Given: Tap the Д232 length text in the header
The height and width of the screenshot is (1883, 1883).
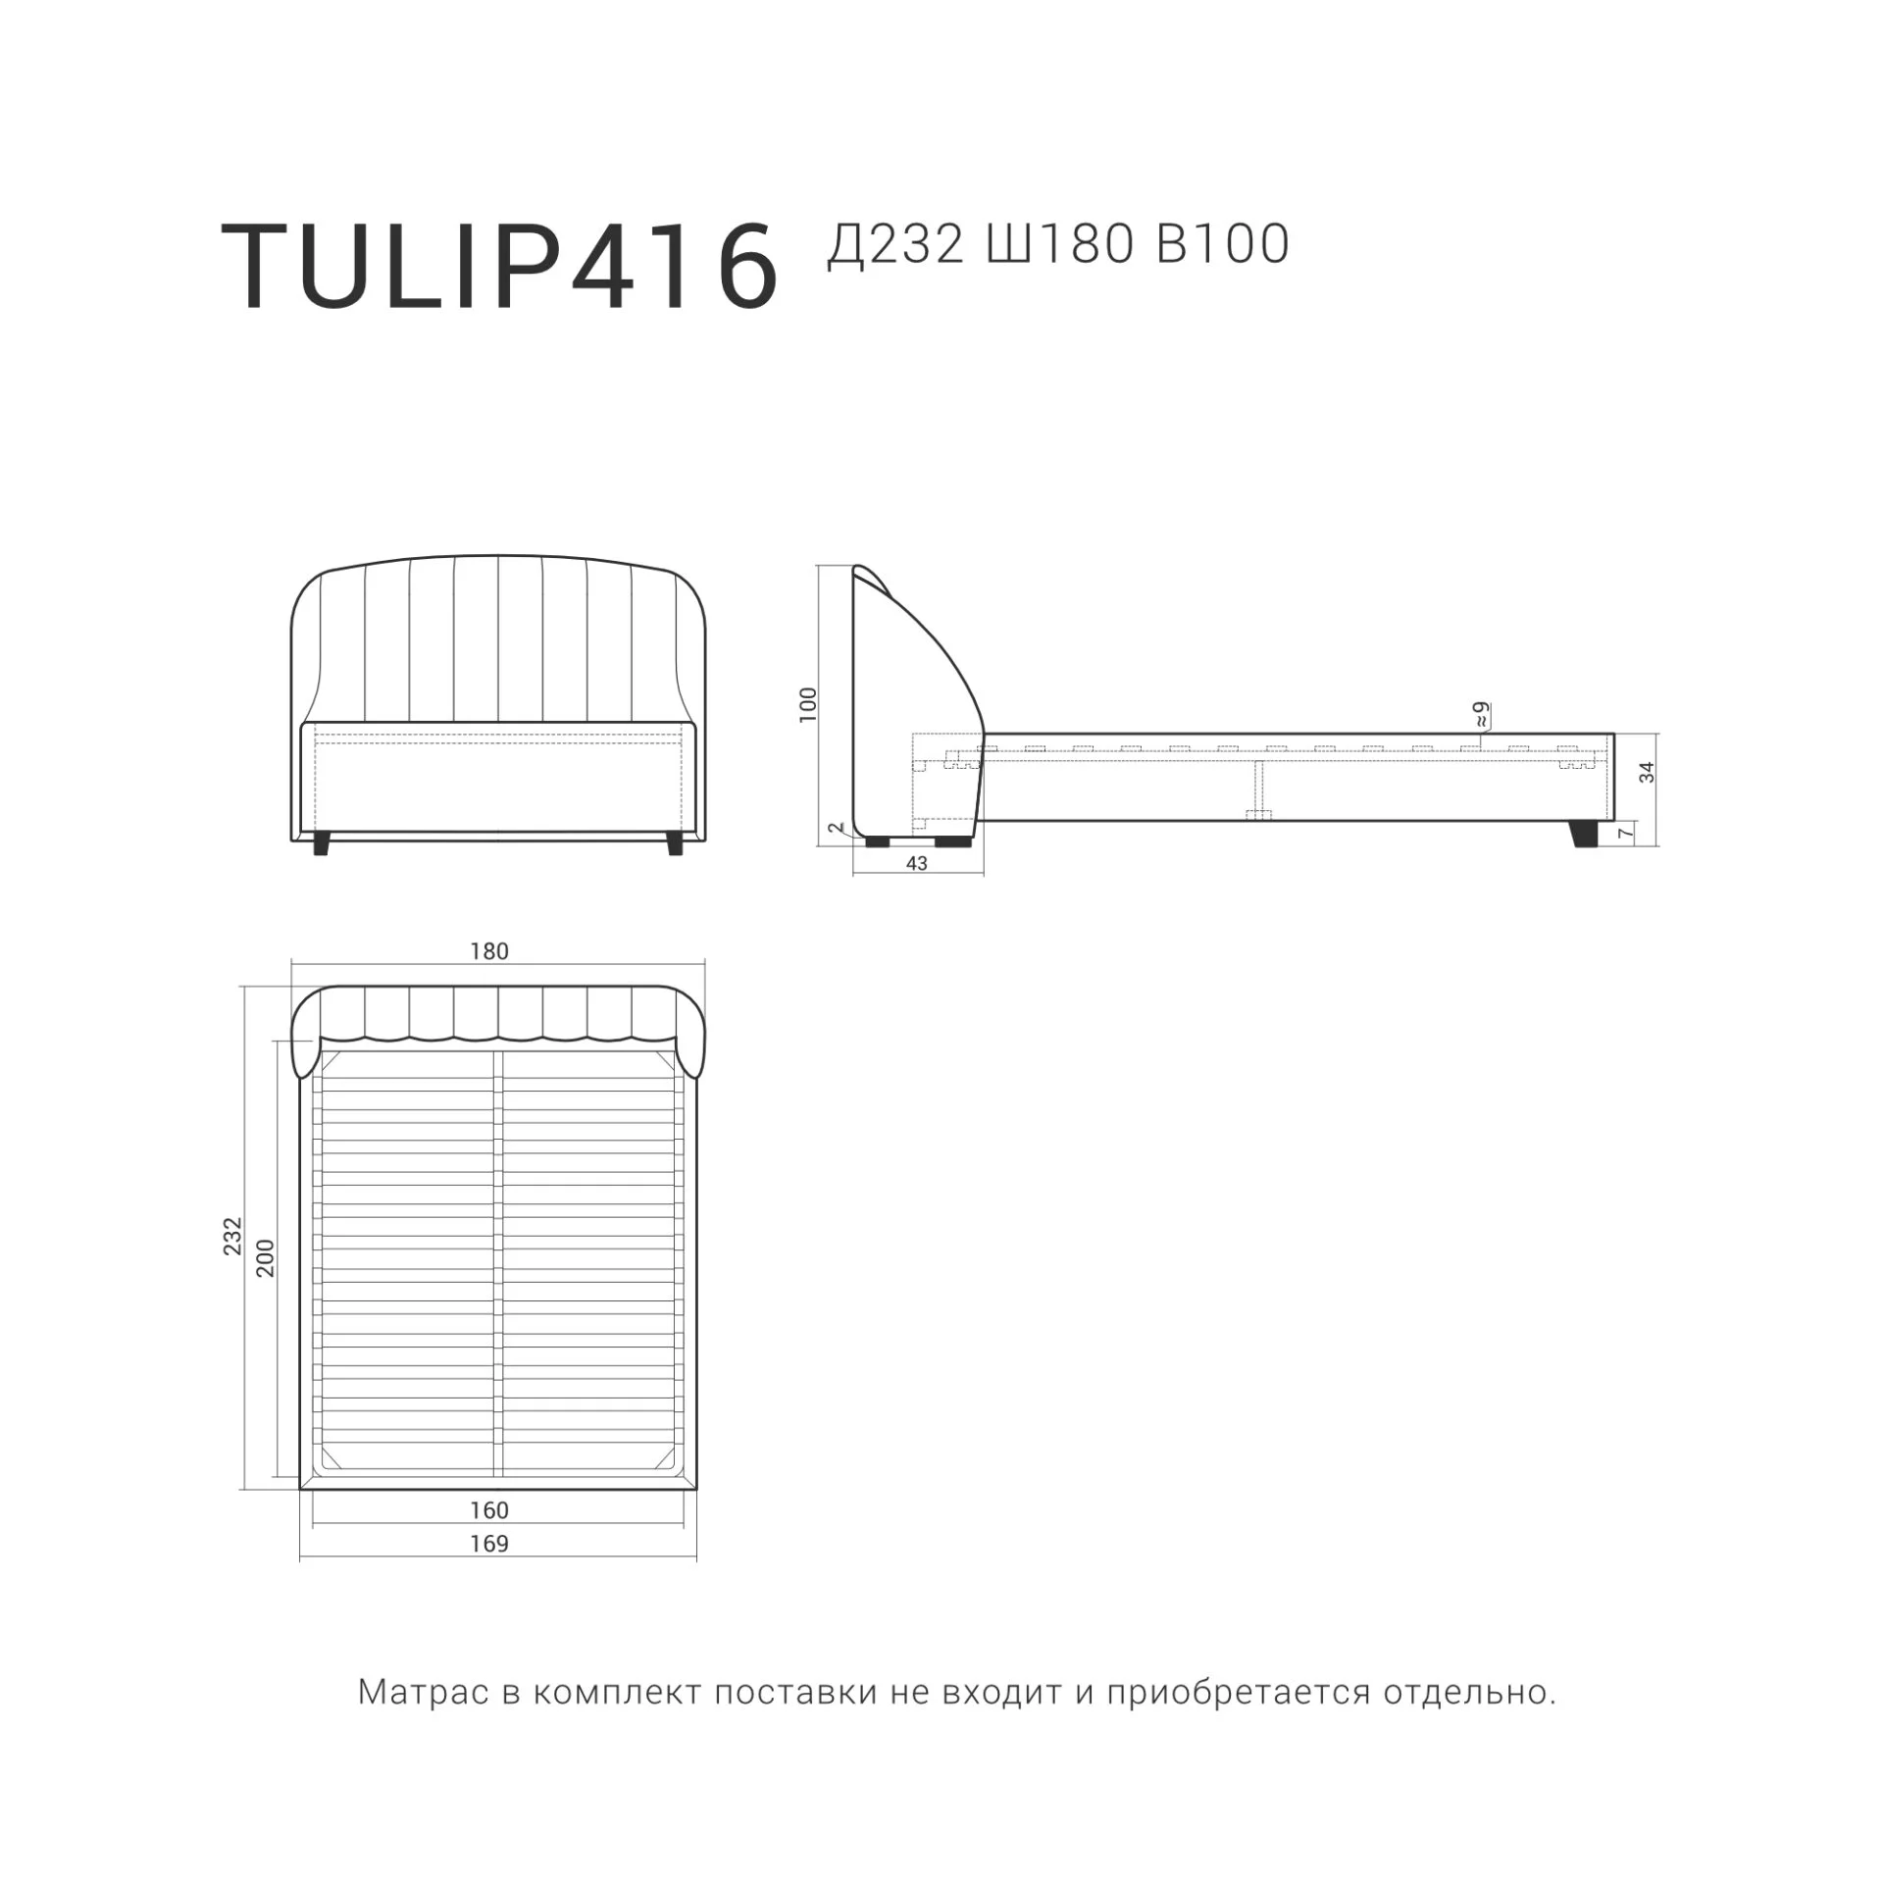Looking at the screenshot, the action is click(895, 245).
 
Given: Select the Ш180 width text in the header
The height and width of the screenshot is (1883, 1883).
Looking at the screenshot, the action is click(1060, 244).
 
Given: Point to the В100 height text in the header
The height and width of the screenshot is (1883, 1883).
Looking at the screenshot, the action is click(1223, 244).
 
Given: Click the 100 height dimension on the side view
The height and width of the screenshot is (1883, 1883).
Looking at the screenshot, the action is click(808, 704).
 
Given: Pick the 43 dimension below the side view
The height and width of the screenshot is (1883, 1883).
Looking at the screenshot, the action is click(916, 863).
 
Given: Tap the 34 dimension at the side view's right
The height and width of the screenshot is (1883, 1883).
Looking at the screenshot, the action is click(1647, 772).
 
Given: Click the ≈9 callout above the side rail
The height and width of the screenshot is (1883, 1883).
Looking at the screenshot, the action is click(1481, 713).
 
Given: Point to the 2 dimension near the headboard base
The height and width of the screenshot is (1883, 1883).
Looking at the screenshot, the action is click(836, 828).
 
